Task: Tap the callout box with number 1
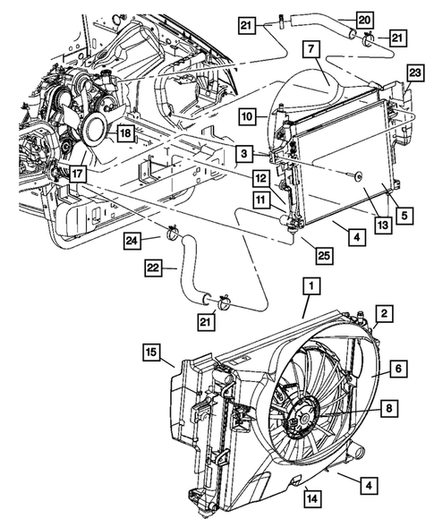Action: [x=311, y=287]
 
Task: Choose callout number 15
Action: [x=150, y=351]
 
